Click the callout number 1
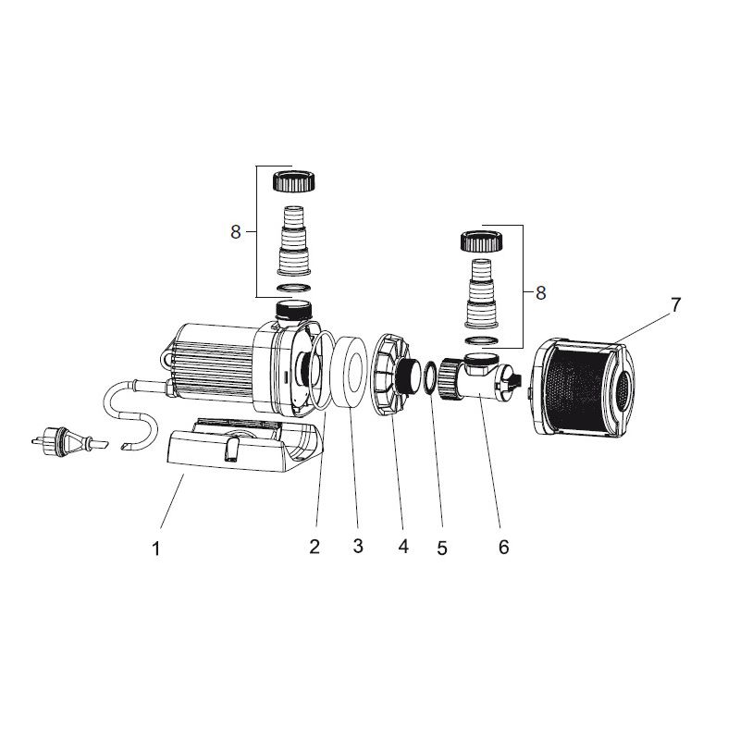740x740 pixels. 156,549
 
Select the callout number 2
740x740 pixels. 314,547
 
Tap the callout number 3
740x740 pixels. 357,547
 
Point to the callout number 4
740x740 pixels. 402,547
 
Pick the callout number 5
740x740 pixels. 442,548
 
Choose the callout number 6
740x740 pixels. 503,547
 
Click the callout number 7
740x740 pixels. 675,305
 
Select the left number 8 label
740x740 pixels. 236,232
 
